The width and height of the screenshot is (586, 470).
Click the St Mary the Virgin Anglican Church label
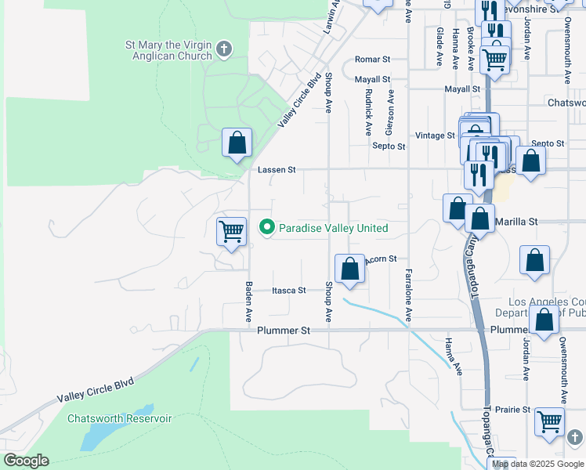pyautogui.click(x=168, y=50)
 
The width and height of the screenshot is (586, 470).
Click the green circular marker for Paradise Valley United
pyautogui.click(x=266, y=228)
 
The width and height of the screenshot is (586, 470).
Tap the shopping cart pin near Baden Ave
pyautogui.click(x=232, y=231)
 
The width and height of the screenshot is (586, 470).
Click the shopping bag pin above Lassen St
pyautogui.click(x=237, y=144)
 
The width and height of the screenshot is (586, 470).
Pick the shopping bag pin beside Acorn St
pyautogui.click(x=350, y=269)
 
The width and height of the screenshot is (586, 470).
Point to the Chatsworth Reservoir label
pyautogui.click(x=120, y=418)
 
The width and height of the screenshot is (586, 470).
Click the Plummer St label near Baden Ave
pyautogui.click(x=284, y=331)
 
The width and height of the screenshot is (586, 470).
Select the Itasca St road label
pyautogui.click(x=288, y=291)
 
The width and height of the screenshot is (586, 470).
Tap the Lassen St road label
pyautogui.click(x=277, y=169)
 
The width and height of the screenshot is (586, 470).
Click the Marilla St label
pyautogui.click(x=516, y=222)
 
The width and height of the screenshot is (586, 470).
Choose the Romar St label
pyautogui.click(x=372, y=60)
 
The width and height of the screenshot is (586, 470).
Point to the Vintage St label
pyautogui.click(x=435, y=136)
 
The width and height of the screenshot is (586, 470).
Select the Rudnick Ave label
pyautogui.click(x=367, y=111)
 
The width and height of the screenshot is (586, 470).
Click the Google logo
pyautogui.click(x=26, y=461)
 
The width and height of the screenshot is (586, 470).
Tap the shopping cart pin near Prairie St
pyautogui.click(x=549, y=421)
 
